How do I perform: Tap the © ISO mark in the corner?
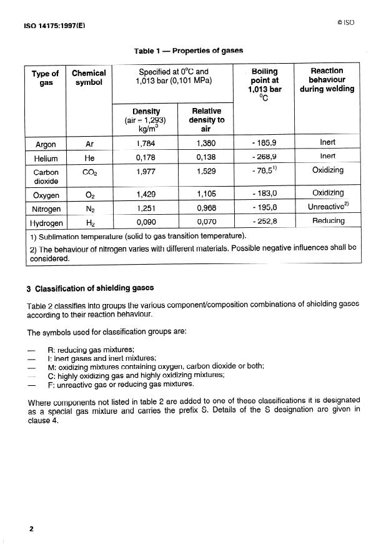(345, 22)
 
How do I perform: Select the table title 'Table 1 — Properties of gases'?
(188, 51)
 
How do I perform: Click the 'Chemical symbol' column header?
(89, 78)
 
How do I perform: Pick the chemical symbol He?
(89, 159)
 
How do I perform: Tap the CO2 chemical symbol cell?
(89, 171)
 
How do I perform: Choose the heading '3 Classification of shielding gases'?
(90, 288)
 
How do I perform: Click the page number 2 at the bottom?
(31, 529)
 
